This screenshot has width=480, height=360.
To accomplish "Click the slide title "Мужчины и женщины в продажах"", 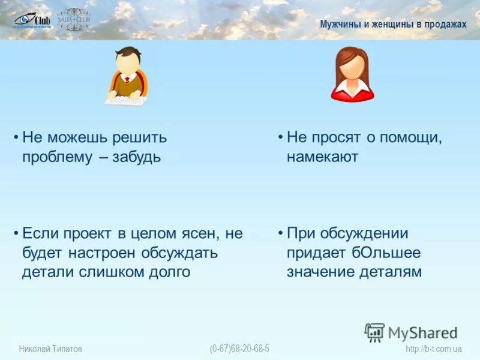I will tap(392, 24).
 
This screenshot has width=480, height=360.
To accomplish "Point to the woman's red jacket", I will tap(352, 91).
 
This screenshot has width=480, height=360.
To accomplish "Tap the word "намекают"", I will tap(322, 157).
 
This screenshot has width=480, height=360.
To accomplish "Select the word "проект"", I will tap(85, 233).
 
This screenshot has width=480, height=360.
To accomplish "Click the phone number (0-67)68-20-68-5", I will tap(239, 349).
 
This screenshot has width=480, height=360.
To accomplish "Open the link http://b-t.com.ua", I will tap(433, 349).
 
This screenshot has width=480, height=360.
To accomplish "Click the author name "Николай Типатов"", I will tap(50, 349).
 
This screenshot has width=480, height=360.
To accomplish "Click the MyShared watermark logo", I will tap(411, 332).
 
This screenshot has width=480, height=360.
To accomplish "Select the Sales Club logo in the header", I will tap(74, 20).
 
